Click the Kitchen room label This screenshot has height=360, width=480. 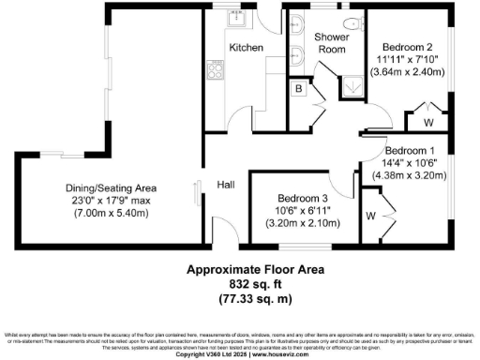point(246,48)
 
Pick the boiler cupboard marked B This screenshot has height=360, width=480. point(296,89)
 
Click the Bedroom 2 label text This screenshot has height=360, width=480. point(408,46)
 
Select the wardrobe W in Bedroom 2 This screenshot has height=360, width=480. point(427,122)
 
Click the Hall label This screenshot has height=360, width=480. point(226,185)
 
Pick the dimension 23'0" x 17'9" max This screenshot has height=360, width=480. point(104,201)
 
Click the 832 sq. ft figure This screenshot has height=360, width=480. point(240,282)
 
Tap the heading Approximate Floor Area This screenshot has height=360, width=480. point(240,270)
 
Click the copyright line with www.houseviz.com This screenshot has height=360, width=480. point(240,354)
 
